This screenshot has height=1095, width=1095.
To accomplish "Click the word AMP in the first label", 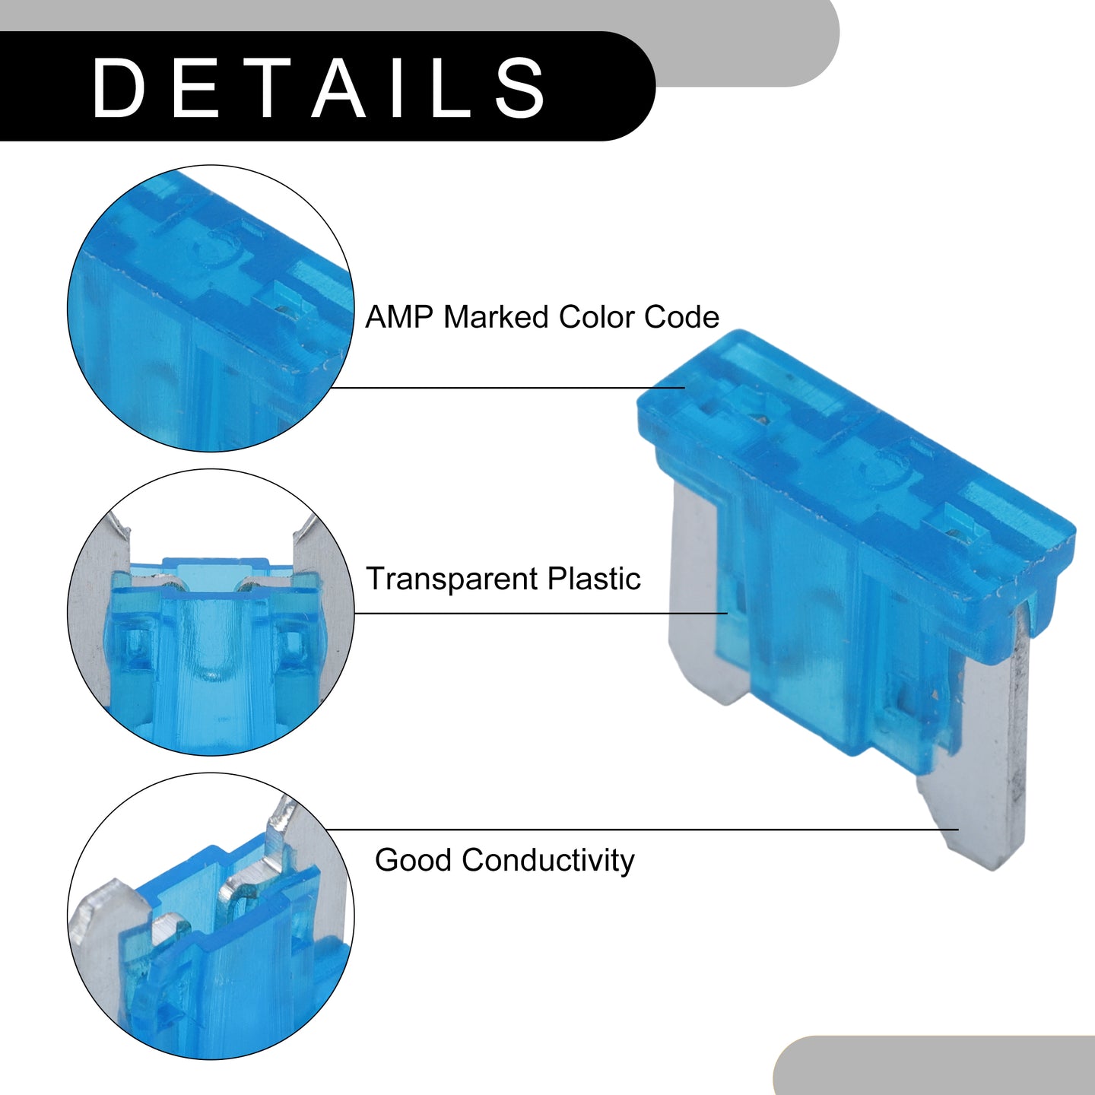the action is pos(398,316).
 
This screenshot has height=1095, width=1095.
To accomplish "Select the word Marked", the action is pos(496,316).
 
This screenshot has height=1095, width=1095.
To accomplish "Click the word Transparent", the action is pos(451,579).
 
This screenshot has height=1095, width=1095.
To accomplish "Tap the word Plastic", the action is pos(594,578).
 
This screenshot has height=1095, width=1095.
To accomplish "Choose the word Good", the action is pos(413,876).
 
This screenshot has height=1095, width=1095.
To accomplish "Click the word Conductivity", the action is pos(547,877).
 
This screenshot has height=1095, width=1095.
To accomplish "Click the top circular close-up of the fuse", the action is pos(211,309).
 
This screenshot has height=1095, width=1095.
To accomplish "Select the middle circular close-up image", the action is pos(211,612).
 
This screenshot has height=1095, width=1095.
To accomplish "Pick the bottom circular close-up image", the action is pos(211,916).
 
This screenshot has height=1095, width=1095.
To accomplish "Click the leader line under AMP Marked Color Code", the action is pos(507,388).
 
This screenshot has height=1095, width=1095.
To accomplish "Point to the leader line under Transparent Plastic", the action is pos(541,614).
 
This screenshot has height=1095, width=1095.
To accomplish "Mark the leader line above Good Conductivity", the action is pos(642,830).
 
